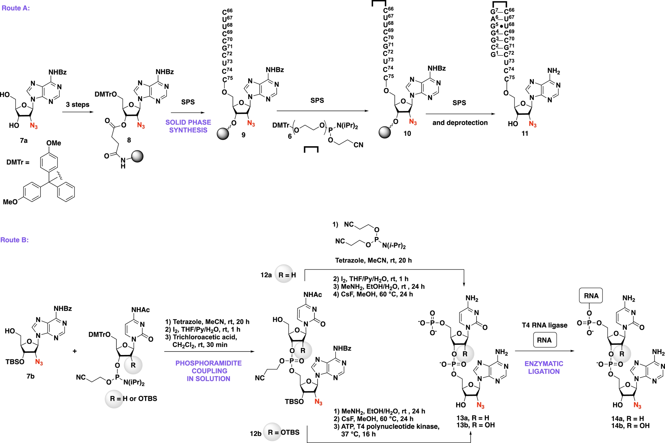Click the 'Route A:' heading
click(x=16, y=8)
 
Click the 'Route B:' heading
click(x=15, y=240)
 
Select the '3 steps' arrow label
click(x=78, y=104)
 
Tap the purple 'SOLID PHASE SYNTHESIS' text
click(x=188, y=126)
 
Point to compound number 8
click(x=129, y=140)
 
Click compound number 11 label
click(x=525, y=133)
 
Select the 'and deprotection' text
click(x=460, y=123)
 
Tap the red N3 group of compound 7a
click(x=34, y=125)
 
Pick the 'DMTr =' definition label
click(x=18, y=162)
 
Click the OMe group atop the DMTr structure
click(x=54, y=143)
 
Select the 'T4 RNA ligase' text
click(x=544, y=325)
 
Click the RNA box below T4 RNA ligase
click(x=544, y=340)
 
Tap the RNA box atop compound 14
click(x=591, y=296)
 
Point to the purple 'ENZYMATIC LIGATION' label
click(x=544, y=367)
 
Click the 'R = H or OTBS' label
click(x=133, y=399)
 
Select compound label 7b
click(x=30, y=376)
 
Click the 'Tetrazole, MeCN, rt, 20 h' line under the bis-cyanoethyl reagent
click(x=373, y=260)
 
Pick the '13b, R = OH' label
click(x=475, y=425)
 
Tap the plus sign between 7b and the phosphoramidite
click(x=75, y=351)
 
